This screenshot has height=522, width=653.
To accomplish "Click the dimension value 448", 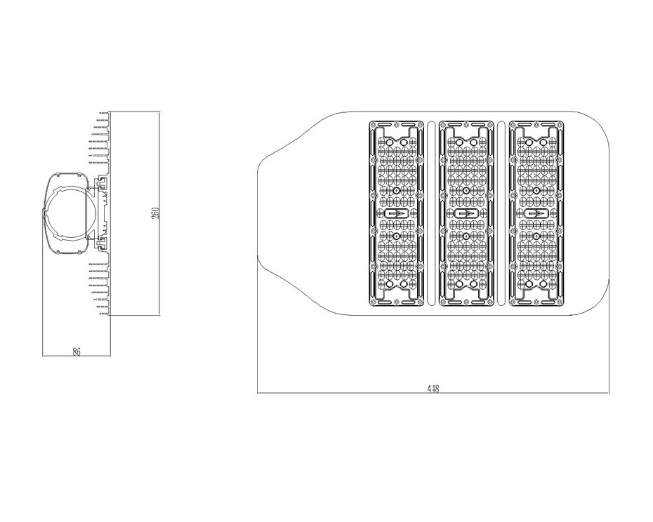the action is (x=433, y=389).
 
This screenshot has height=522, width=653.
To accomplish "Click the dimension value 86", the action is (x=77, y=352).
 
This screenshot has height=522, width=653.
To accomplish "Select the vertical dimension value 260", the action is (x=156, y=213).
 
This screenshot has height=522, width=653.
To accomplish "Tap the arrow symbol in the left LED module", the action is (x=396, y=213).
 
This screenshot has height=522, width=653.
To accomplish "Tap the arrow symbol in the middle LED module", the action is (x=466, y=213).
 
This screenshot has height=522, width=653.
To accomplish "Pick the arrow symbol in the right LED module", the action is (x=536, y=213).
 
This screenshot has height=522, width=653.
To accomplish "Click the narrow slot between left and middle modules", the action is (x=431, y=213).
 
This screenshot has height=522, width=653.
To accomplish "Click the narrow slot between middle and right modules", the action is (x=501, y=213).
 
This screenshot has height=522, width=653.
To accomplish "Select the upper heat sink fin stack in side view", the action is (x=100, y=142).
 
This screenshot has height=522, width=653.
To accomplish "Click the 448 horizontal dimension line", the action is (x=433, y=393).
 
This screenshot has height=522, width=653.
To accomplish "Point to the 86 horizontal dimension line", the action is (x=77, y=356).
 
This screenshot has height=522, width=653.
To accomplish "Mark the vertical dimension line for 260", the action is (x=159, y=213).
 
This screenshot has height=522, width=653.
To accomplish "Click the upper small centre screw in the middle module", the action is (x=466, y=190).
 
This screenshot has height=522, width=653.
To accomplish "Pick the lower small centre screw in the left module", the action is (x=396, y=236).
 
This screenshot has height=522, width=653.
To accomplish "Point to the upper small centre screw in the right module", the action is (x=536, y=190).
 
